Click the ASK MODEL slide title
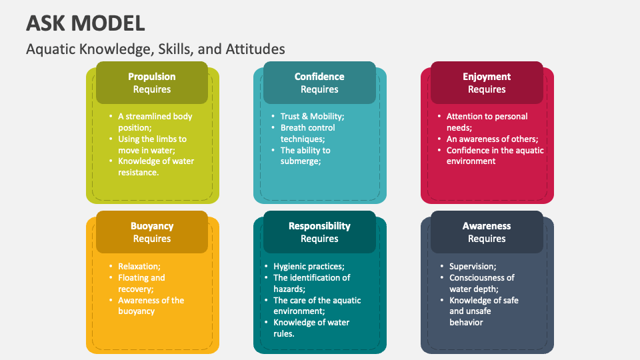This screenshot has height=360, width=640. [85, 23]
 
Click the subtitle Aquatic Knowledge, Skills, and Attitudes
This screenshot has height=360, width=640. [155, 49]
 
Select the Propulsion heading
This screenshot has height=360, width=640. [152, 77]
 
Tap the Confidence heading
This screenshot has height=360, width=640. [319, 77]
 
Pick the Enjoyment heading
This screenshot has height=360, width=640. [487, 77]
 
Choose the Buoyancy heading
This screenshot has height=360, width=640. [152, 226]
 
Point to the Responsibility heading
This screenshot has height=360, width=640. [319, 226]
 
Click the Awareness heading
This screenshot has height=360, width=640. [487, 226]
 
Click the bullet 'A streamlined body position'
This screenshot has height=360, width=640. [155, 122]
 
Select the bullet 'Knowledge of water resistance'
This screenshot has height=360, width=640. [156, 167]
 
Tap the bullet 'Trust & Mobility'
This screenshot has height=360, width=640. [312, 116]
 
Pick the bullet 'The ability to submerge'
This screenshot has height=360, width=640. [305, 155]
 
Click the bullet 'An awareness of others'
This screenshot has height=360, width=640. [492, 139]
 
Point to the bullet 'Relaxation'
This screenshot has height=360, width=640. [139, 266]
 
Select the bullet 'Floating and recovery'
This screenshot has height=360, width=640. [141, 283]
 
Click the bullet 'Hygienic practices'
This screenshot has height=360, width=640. [309, 266]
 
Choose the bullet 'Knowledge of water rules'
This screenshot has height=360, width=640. [311, 328]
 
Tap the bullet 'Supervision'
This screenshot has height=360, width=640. [473, 266]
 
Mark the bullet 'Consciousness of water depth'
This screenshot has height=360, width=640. [482, 283]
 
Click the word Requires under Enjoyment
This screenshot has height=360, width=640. [487, 89]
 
